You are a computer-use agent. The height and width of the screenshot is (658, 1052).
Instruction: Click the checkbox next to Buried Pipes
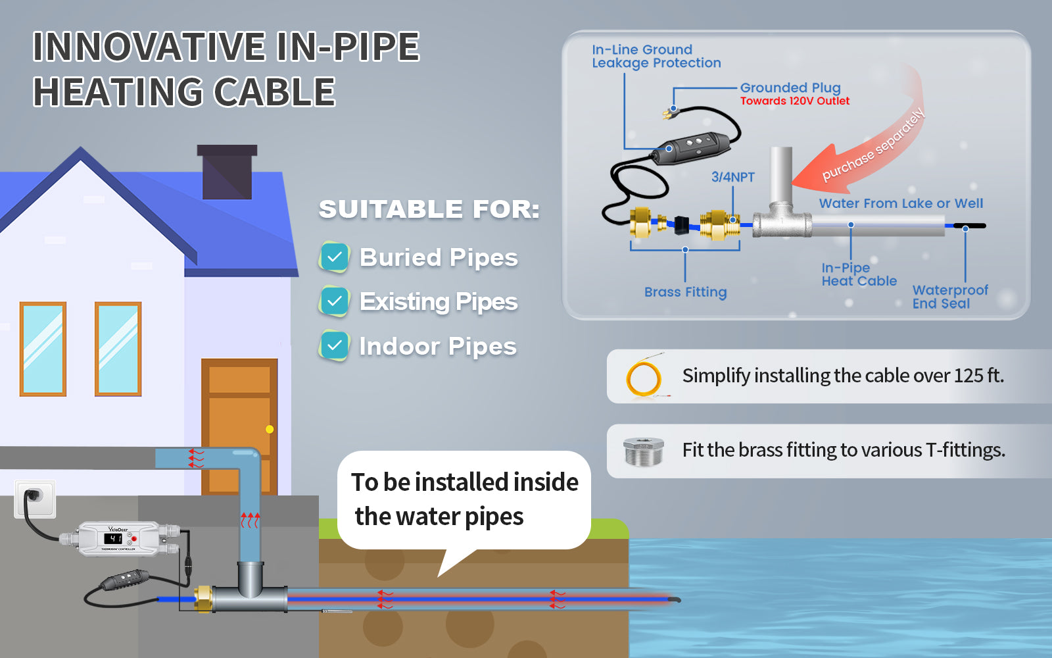coord(334,257)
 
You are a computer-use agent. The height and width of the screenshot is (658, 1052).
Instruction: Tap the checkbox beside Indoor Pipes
coord(334,345)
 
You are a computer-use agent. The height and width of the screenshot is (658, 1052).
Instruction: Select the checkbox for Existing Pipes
coord(334,301)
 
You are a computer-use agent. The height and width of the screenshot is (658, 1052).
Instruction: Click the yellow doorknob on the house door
coord(270,429)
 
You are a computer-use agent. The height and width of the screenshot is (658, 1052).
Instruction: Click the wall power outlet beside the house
coord(34,498)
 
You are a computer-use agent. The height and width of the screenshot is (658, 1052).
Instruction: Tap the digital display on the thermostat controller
coord(113,538)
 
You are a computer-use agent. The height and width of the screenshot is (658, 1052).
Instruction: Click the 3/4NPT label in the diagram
coord(732,177)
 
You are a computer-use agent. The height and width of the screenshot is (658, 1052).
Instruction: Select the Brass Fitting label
coord(685,292)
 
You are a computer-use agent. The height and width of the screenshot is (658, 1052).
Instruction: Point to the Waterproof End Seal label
coord(949,297)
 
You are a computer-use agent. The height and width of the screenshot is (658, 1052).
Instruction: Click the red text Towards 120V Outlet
coord(794,101)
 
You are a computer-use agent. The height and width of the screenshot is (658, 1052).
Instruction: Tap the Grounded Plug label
coord(790,88)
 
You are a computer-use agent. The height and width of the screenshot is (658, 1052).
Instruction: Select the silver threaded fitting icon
coord(643,451)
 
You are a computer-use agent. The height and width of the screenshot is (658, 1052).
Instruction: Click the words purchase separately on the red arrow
coord(873,146)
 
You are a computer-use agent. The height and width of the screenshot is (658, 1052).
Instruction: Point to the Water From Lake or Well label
coord(901,203)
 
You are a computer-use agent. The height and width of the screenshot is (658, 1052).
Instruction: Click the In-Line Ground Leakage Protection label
coord(656,57)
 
